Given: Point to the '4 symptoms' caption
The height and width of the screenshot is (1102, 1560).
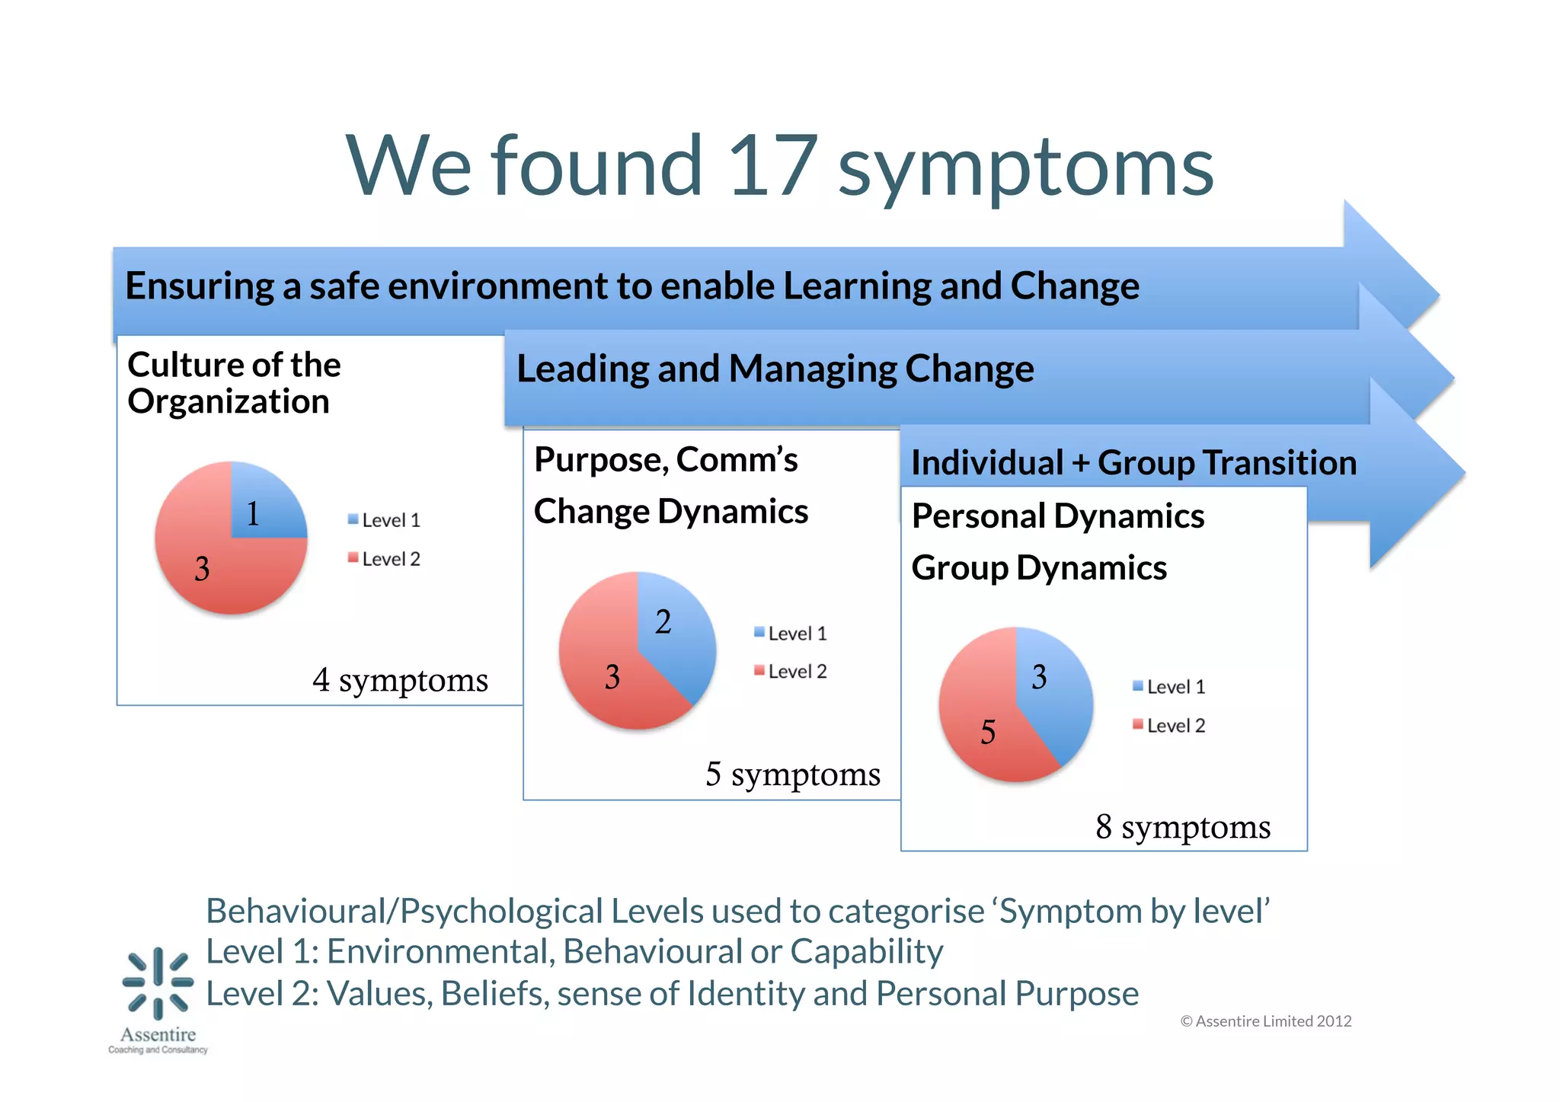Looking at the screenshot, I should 400,679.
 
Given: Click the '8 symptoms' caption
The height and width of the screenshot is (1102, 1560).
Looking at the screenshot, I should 1183,826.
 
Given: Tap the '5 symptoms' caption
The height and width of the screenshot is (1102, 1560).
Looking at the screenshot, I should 792,774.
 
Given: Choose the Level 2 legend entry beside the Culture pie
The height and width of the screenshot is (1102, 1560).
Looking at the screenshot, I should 384,559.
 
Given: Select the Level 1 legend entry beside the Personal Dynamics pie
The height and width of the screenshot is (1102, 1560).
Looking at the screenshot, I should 1169,687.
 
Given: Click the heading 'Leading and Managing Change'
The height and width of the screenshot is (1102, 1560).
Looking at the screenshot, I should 775,369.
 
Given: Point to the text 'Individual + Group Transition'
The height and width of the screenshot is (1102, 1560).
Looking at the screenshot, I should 1133,463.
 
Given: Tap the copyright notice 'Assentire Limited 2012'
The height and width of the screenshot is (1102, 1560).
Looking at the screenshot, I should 1266,1021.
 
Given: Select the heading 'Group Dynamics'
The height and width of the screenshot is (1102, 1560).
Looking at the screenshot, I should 1039,568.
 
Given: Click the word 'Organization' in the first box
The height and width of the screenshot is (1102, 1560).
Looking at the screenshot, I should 229,401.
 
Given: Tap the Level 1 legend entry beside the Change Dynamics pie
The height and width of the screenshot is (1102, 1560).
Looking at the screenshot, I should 790,634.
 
